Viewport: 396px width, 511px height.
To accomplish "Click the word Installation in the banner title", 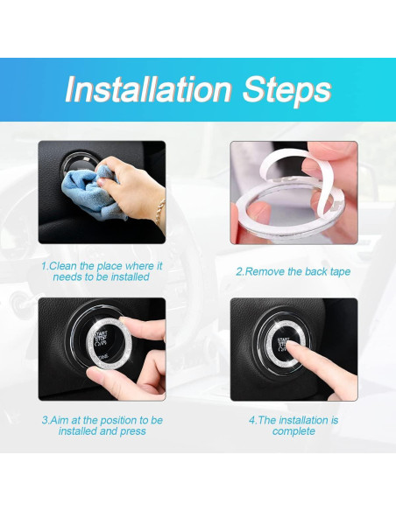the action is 148,89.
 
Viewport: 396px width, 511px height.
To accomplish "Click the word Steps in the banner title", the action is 287,90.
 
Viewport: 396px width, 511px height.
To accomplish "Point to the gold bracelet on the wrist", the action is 159,212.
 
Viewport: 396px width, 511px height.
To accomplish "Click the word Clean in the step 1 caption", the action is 63,266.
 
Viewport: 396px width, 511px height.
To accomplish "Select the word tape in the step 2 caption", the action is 340,272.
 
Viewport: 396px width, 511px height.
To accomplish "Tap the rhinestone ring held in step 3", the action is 109,346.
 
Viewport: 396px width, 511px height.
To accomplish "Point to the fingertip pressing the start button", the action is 291,345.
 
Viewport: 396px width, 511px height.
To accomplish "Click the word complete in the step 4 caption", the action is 293,431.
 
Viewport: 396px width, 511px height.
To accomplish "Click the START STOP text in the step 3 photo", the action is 101,336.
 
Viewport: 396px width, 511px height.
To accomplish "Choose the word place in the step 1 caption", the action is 109,266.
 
